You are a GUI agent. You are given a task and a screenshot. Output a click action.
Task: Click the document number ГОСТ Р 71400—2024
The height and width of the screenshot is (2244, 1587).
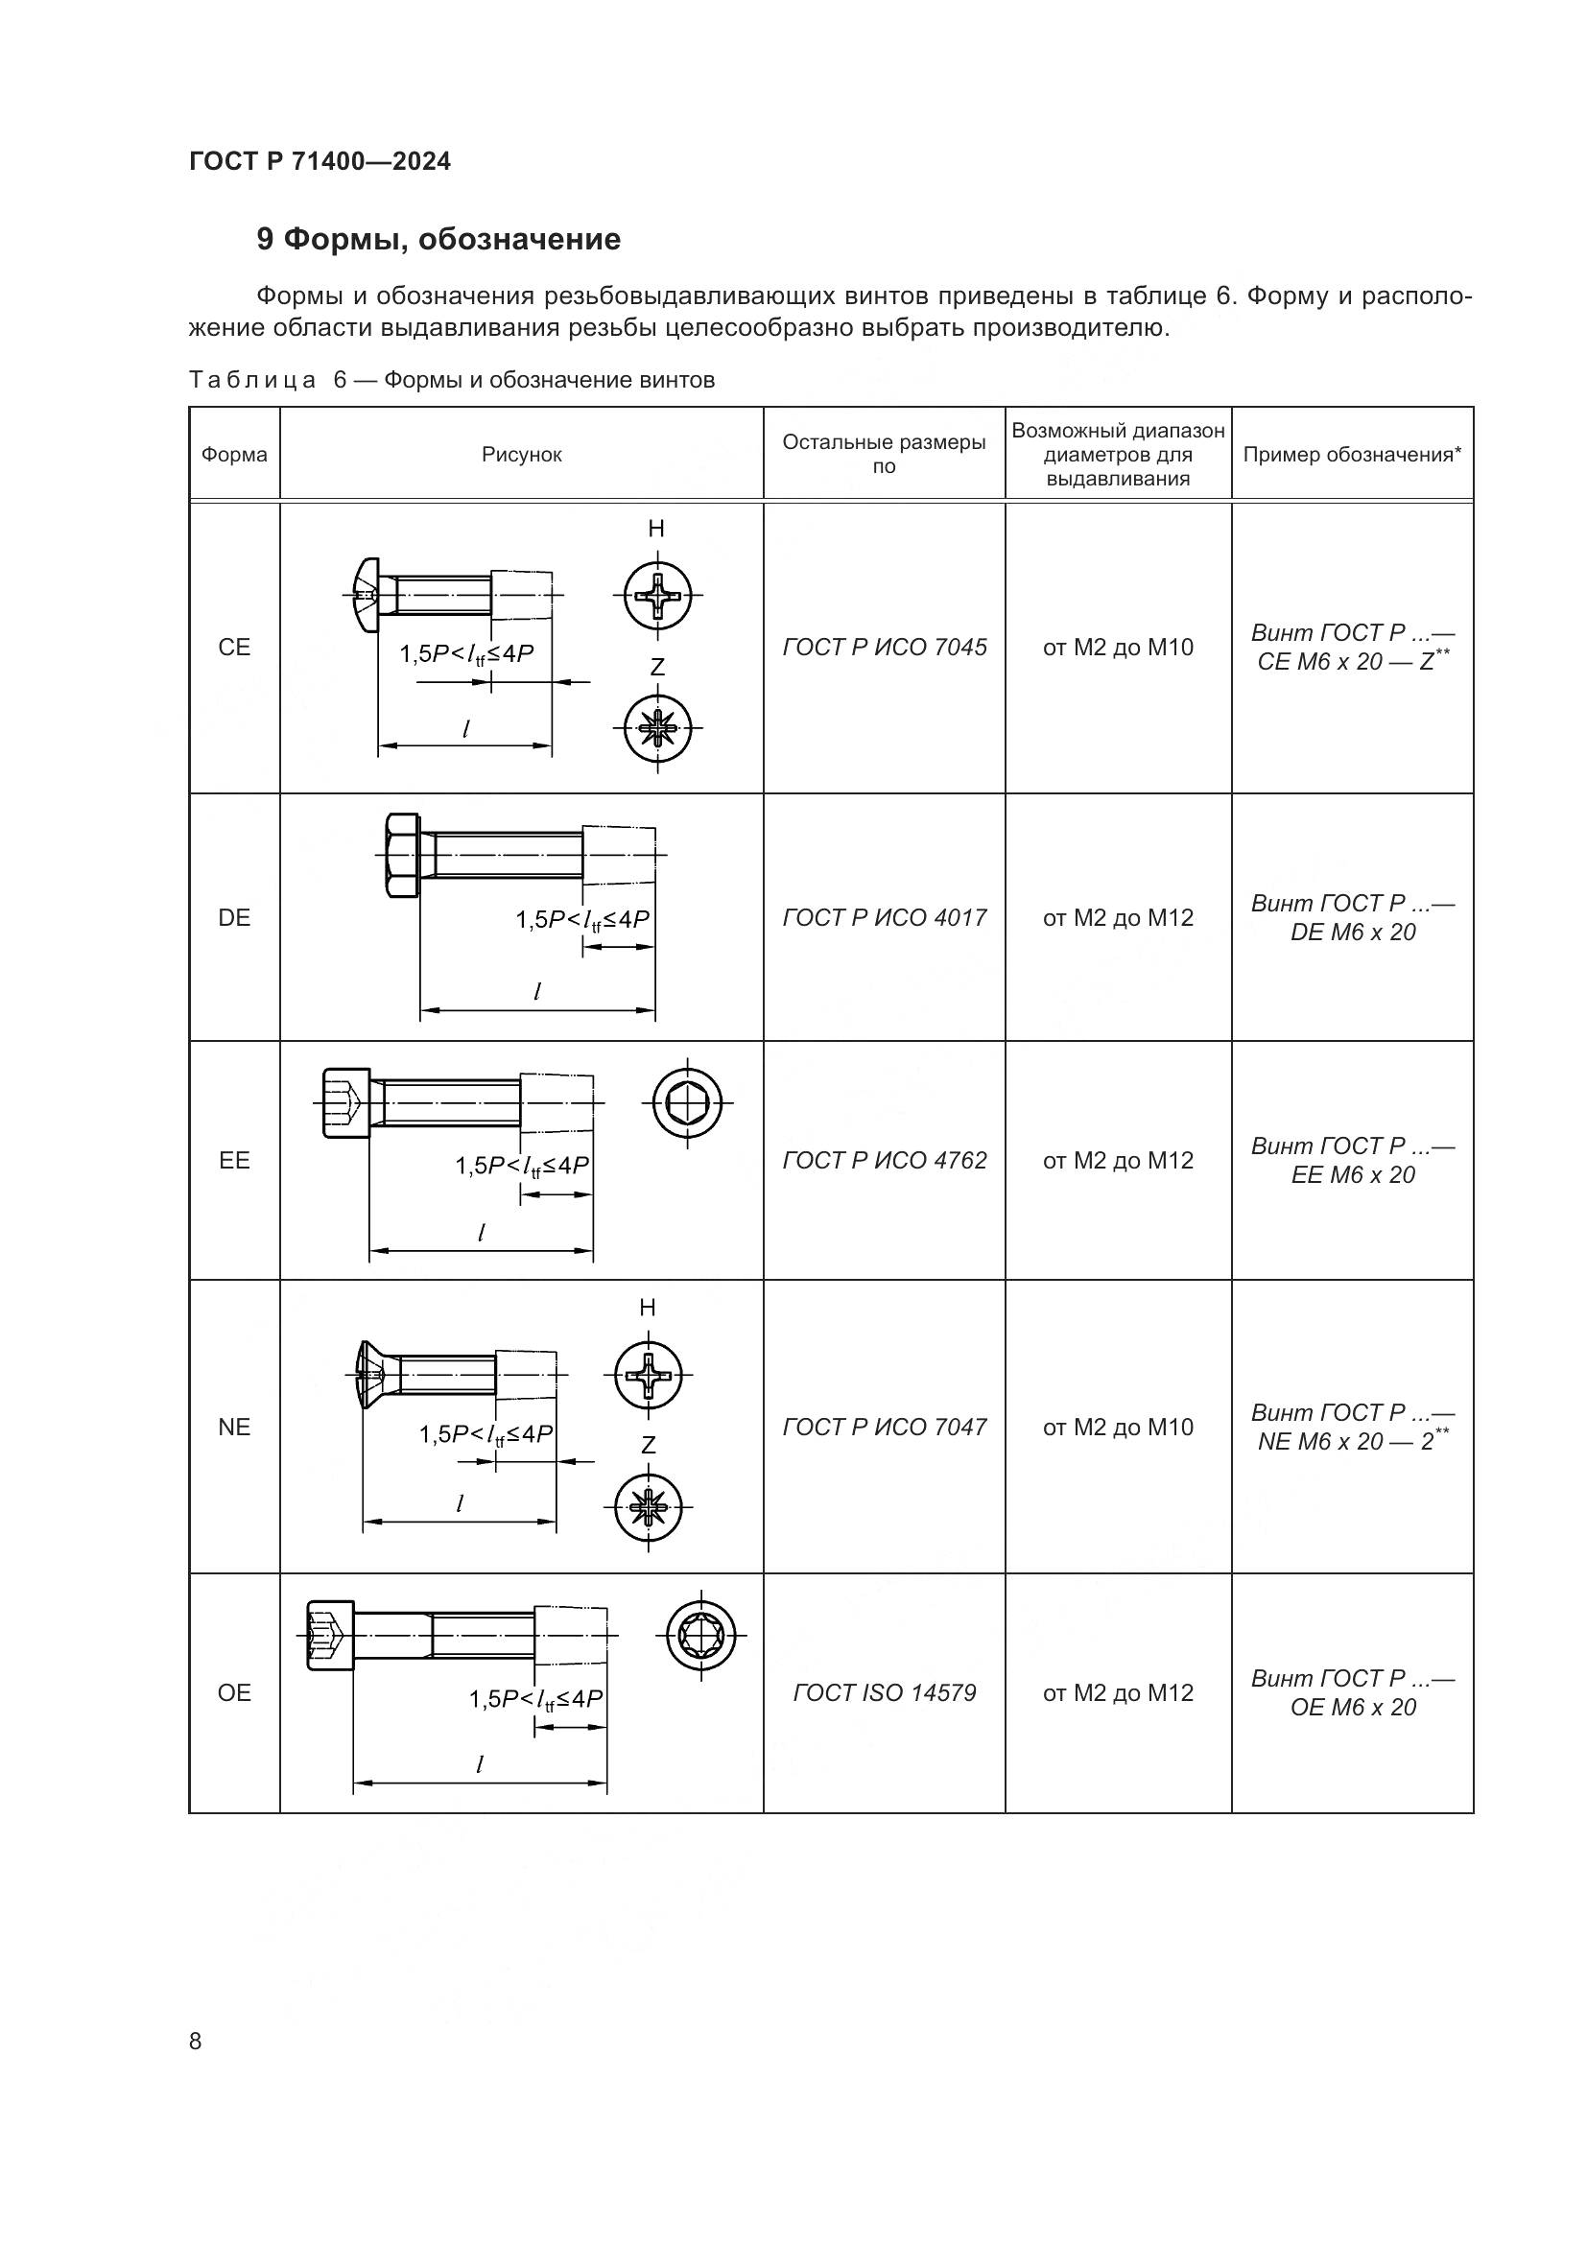click(x=320, y=162)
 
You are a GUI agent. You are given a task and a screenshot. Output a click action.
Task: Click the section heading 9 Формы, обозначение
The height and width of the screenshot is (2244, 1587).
click(x=438, y=240)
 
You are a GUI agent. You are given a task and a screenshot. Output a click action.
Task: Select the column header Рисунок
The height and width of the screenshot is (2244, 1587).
click(x=522, y=455)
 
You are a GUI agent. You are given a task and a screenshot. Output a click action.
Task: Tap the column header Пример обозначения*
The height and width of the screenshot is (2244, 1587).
click(x=1352, y=455)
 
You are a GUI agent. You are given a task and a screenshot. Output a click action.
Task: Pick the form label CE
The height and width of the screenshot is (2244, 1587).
click(x=234, y=647)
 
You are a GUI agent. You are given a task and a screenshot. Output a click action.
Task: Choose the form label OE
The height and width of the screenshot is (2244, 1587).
click(x=234, y=1693)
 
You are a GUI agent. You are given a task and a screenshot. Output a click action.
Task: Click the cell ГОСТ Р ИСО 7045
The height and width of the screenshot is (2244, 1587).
click(x=885, y=647)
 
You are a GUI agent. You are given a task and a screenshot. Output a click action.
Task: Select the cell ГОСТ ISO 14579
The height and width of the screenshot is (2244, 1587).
click(x=885, y=1693)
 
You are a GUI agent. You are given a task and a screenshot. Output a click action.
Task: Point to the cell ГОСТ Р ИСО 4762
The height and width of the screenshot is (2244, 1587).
click(x=885, y=1161)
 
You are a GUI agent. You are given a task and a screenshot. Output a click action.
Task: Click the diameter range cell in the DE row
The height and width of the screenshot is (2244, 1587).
click(x=1118, y=918)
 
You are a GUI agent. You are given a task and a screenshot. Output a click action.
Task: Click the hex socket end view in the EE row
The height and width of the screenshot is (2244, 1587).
click(x=688, y=1103)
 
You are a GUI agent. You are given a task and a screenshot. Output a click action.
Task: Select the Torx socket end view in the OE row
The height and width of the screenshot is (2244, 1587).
click(x=700, y=1635)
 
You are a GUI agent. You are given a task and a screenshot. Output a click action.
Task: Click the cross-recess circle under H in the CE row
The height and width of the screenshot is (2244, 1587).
click(x=657, y=594)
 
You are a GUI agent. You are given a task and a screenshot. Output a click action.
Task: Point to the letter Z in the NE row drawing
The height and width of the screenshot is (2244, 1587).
click(x=648, y=1445)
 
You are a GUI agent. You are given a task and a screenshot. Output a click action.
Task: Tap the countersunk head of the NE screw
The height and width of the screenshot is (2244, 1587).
click(x=364, y=1374)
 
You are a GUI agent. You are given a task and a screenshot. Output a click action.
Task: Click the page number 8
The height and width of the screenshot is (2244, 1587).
click(x=196, y=2042)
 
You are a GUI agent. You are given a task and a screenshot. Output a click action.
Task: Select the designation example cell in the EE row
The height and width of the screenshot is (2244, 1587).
click(x=1352, y=1161)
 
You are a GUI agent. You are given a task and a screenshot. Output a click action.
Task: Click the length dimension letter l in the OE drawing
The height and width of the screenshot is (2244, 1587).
click(x=479, y=1765)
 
